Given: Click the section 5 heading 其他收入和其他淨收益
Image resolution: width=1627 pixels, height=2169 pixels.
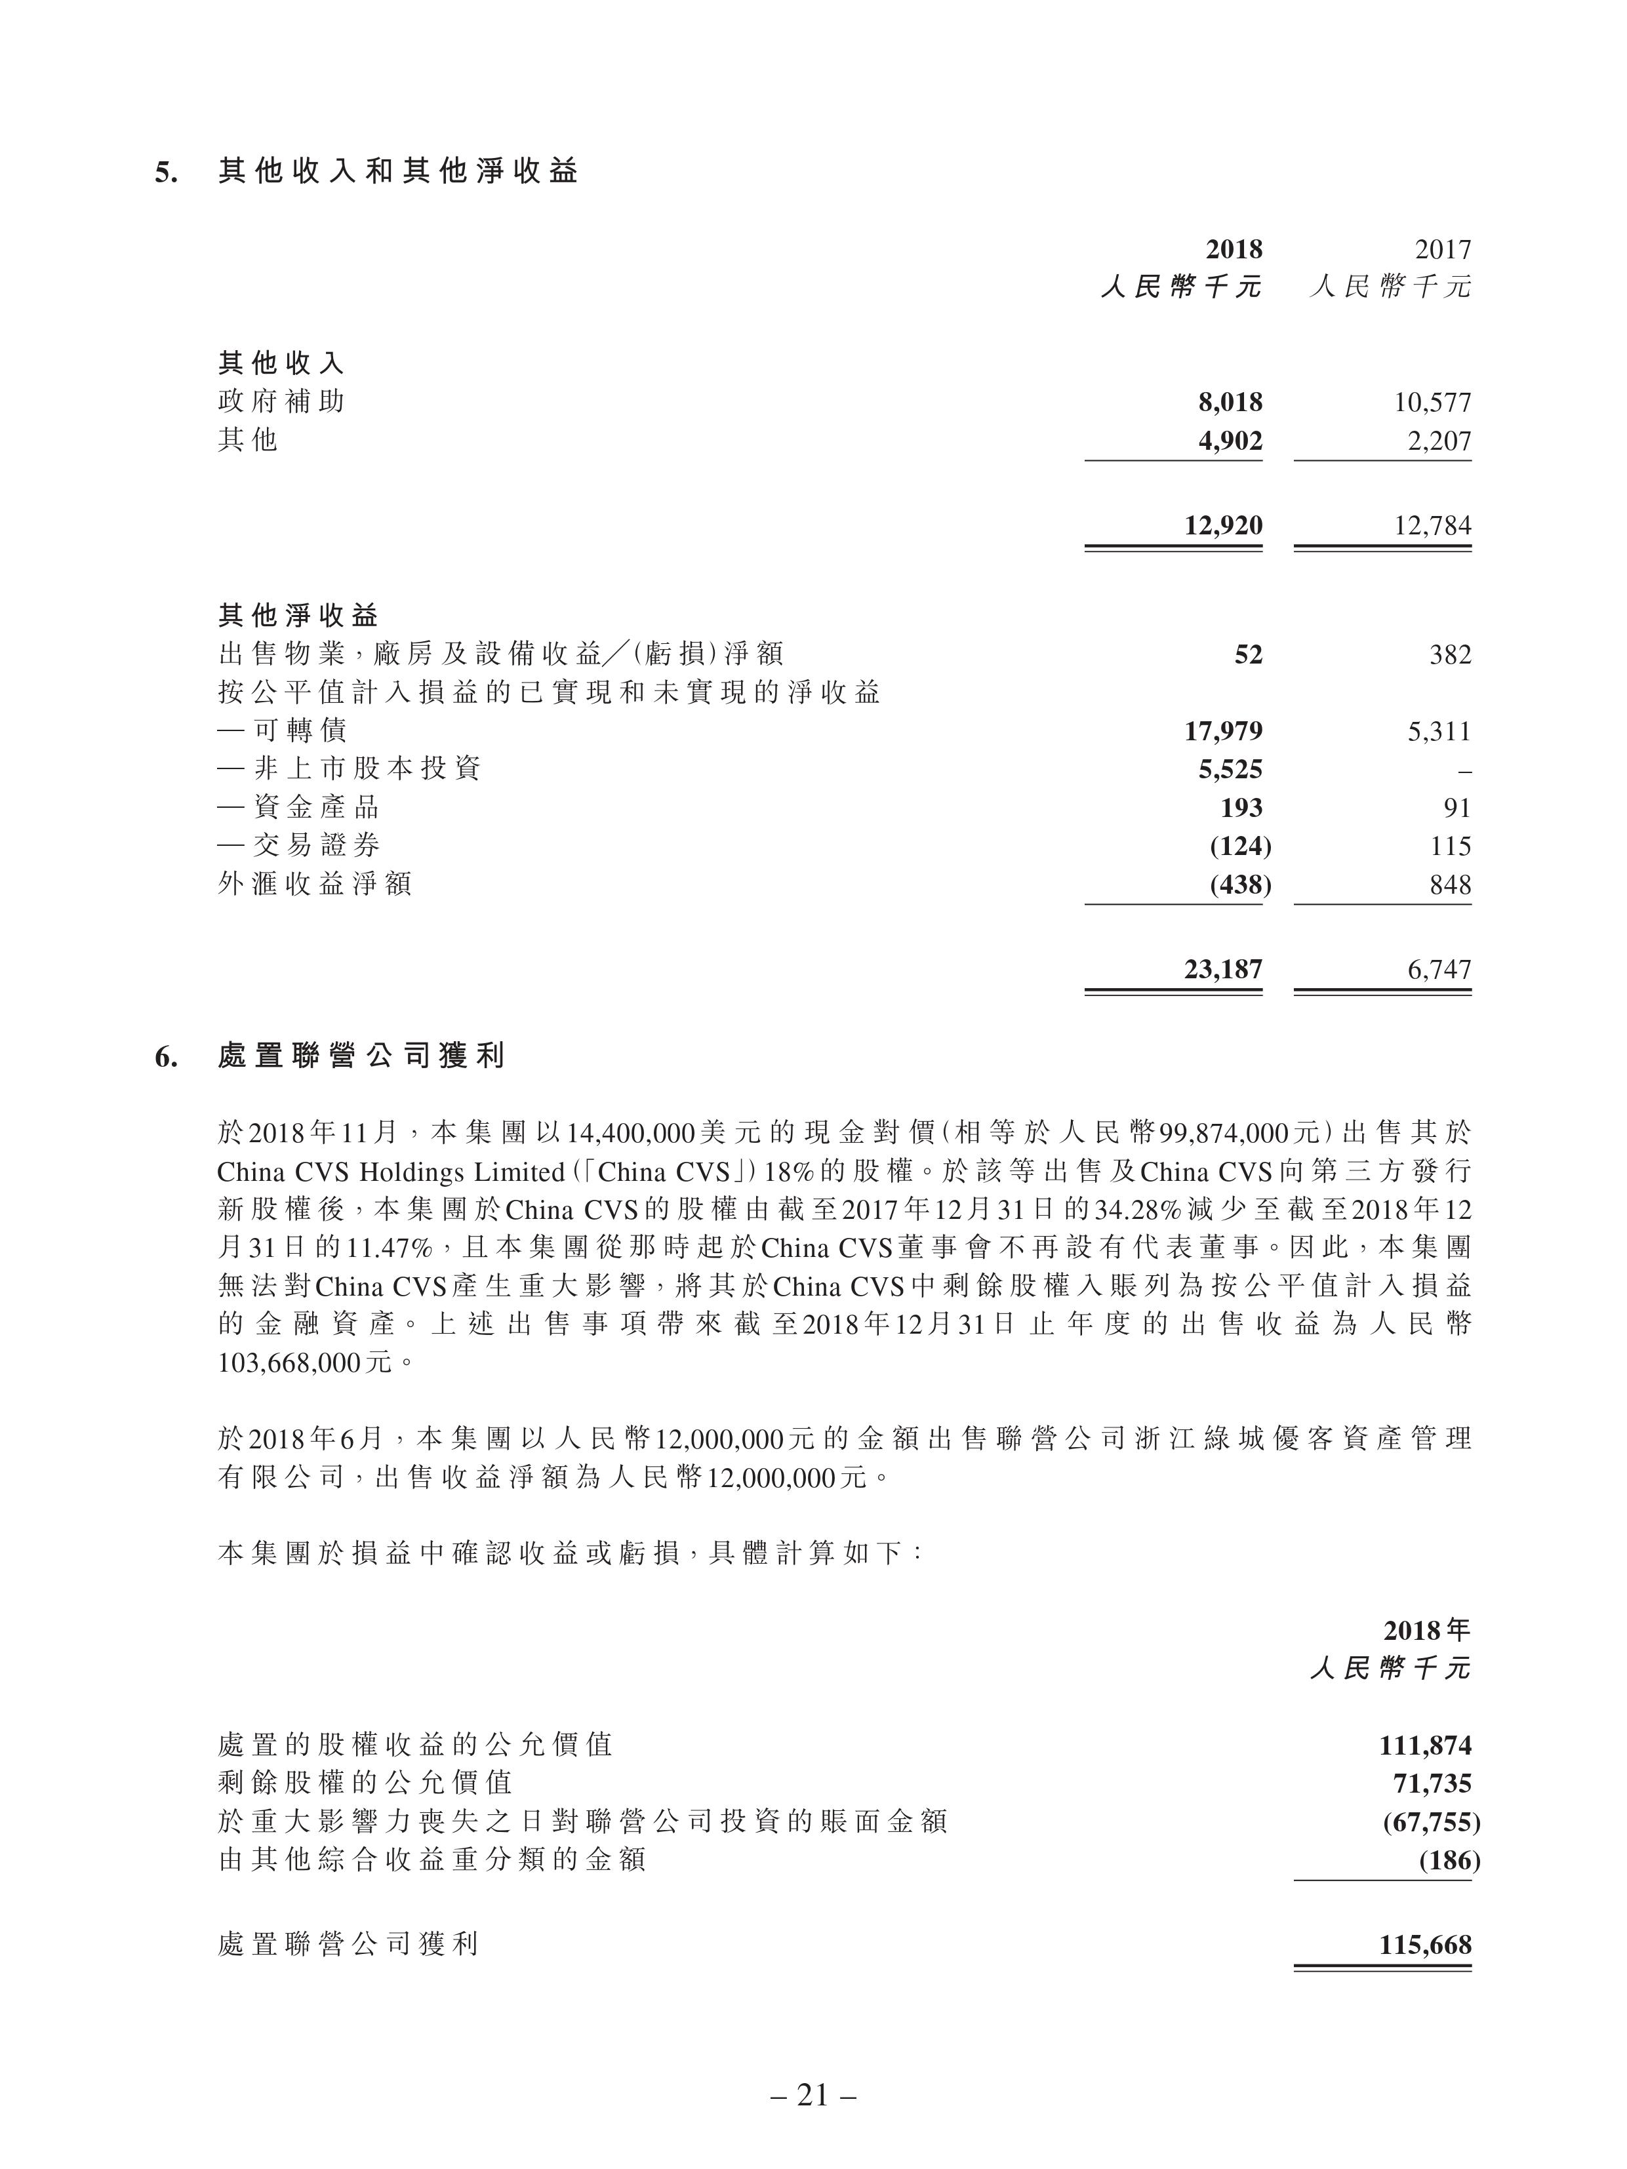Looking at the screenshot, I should coord(397,172).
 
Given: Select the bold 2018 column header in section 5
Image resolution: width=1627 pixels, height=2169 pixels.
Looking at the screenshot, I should coord(1234,249).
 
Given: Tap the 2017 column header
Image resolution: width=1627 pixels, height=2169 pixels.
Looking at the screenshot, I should coord(1443,249).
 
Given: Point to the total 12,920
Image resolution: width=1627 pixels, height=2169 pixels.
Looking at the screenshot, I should coord(1223,526).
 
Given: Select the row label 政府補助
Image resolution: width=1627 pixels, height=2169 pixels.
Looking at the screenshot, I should coord(281,402).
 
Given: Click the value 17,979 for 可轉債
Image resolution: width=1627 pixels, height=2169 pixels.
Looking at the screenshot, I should coord(1223,730).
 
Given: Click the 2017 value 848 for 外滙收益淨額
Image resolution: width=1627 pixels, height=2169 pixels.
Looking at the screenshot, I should coord(1451,885).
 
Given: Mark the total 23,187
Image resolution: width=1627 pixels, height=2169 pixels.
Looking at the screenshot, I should coord(1223,969).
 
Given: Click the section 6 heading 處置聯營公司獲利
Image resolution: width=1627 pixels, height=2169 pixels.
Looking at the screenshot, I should coord(361,1056).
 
